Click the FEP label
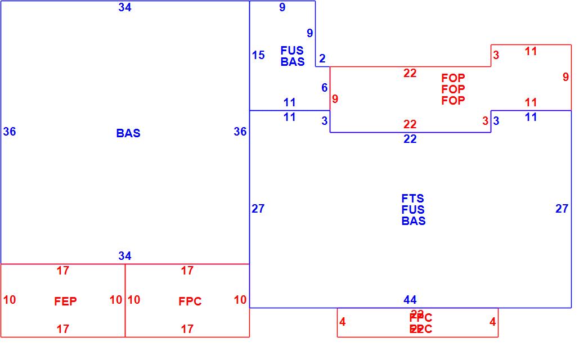pos(65,301)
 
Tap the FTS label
pos(413,199)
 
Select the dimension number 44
pos(410,300)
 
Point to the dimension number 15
pos(258,55)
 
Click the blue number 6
pos(324,88)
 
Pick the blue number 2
pos(322,58)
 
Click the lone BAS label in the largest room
pos(128,133)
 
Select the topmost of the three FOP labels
pos(453,78)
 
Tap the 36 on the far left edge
pos(10,132)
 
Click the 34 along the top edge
pos(125,7)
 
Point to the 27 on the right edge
pos(562,209)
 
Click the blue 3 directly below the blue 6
pos(325,121)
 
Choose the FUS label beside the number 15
pos(292,51)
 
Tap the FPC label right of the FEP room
pos(190,301)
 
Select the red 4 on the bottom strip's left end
pos(343,322)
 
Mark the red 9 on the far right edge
pos(565,78)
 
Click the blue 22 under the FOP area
pos(410,139)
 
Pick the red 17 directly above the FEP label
pos(63,271)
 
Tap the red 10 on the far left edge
pos(10,300)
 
